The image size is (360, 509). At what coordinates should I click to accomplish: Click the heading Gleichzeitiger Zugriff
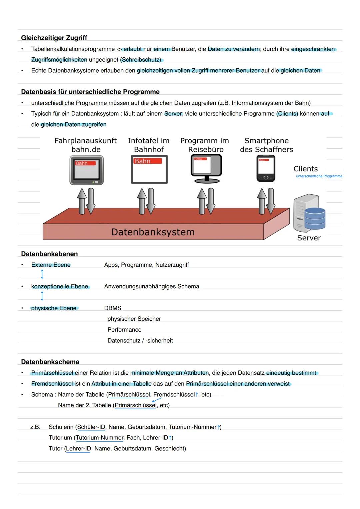[54, 38]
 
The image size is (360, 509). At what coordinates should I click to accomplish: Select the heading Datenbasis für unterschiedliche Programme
[90, 92]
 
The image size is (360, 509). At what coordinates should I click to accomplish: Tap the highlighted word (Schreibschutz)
[141, 60]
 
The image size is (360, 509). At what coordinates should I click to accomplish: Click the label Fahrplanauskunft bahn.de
[86, 145]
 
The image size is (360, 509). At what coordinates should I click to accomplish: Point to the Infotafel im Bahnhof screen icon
[149, 169]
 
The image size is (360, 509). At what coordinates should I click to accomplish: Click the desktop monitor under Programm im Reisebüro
[206, 170]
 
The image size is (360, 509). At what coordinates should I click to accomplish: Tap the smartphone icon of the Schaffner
[266, 169]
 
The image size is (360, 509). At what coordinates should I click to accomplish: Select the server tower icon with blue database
[309, 213]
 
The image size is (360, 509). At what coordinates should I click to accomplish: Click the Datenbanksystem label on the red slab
[153, 232]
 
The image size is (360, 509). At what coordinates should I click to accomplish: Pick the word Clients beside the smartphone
[305, 169]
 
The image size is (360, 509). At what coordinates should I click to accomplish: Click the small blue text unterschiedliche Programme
[319, 176]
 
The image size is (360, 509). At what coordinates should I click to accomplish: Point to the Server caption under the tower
[309, 238]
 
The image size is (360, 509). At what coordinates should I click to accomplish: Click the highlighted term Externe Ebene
[51, 265]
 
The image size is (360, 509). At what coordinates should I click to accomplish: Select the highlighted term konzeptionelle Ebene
[60, 287]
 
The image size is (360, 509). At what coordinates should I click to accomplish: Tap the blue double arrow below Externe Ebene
[42, 274]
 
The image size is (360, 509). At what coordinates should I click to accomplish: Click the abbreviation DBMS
[113, 308]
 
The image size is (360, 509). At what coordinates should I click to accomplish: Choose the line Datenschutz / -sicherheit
[140, 341]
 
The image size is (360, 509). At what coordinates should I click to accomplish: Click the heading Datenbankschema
[50, 362]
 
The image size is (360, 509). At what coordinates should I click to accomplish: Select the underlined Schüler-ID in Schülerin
[91, 427]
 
